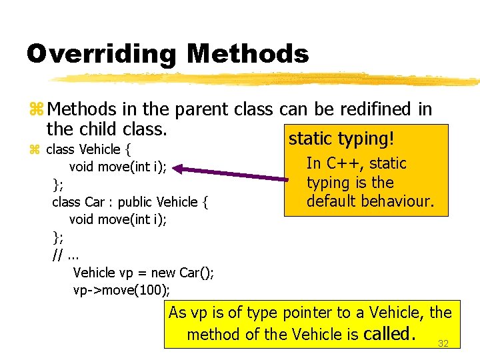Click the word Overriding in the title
tap(101, 54)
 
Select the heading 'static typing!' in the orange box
tap(341, 139)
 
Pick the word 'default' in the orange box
tap(333, 201)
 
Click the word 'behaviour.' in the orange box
tap(399, 201)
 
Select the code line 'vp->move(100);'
tap(121, 290)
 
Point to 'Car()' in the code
tap(197, 273)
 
